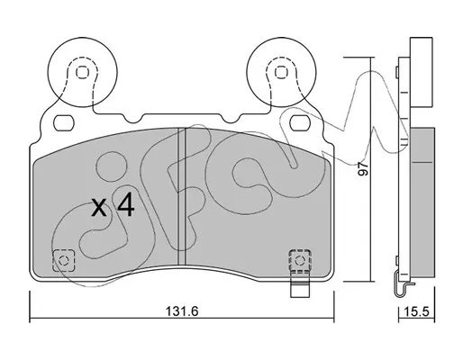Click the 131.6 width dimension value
[x=182, y=311]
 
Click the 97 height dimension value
[x=364, y=168]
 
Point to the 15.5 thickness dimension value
[x=416, y=311]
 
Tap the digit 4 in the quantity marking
[x=125, y=205]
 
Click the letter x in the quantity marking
[x=99, y=208]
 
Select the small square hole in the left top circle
[x=81, y=72]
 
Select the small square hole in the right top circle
[x=281, y=72]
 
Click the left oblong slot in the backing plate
[x=63, y=123]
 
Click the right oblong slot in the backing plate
[x=300, y=123]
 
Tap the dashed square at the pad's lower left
[x=63, y=260]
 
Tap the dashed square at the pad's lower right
[x=300, y=260]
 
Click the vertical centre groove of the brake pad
[x=182, y=196]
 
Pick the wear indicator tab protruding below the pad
[x=299, y=289]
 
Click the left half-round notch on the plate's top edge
[x=132, y=119]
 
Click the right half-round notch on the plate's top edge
[x=231, y=119]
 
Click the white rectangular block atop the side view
[x=422, y=72]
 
